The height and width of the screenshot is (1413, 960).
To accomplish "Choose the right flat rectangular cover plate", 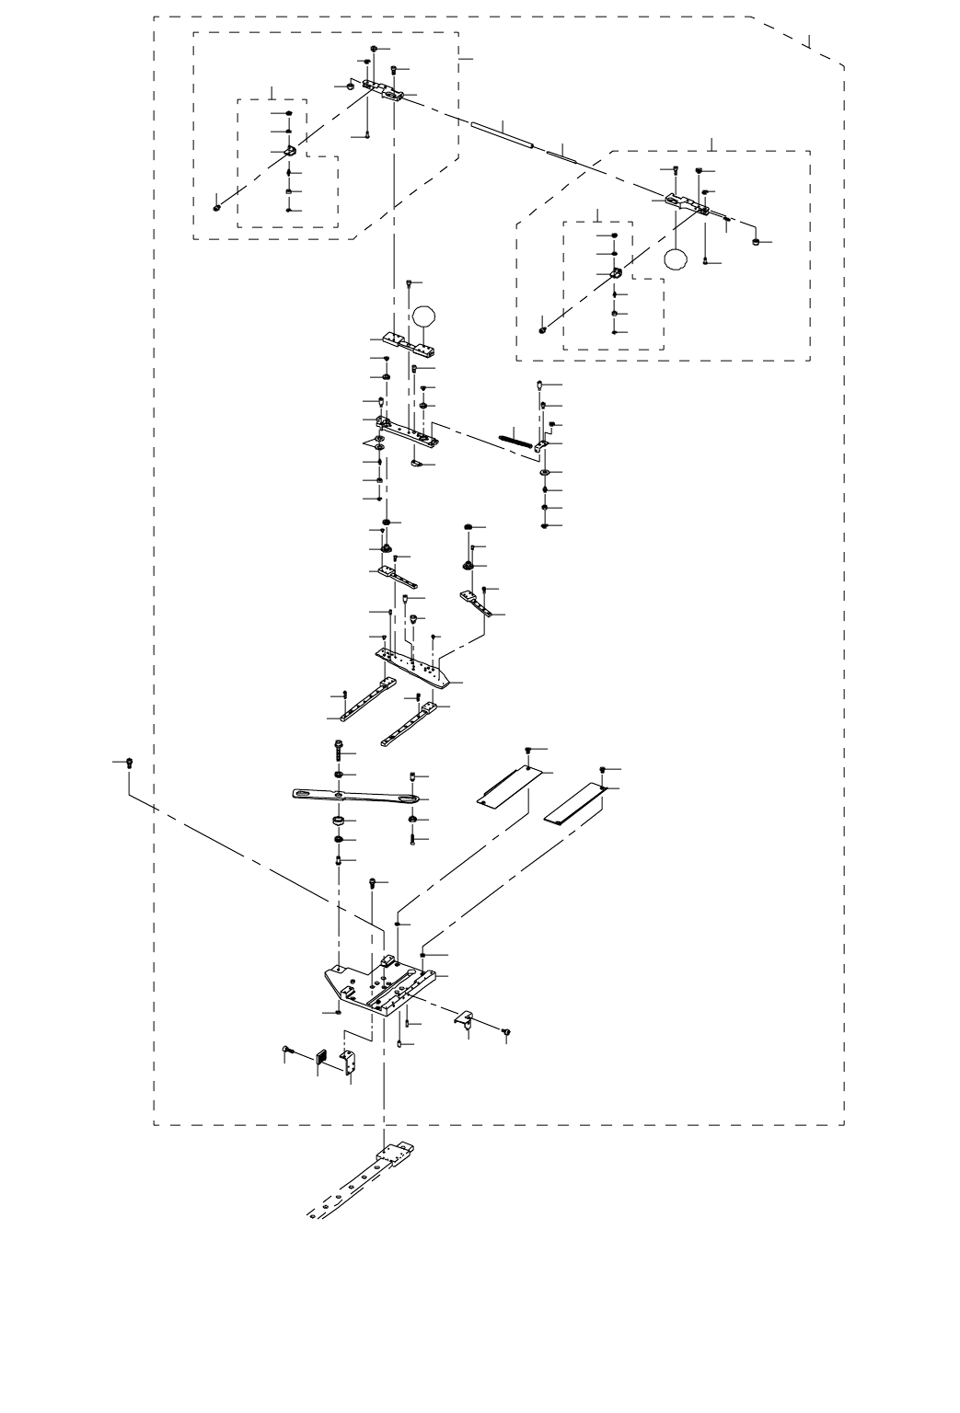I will (576, 803).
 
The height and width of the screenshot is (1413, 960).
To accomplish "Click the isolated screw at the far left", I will (129, 763).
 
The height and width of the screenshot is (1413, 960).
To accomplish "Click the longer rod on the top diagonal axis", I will (502, 133).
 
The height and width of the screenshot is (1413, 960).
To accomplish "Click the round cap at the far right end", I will (757, 243).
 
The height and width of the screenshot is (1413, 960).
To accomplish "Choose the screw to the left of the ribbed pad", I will (288, 1050).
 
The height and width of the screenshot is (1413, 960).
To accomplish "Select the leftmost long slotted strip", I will (366, 698).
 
